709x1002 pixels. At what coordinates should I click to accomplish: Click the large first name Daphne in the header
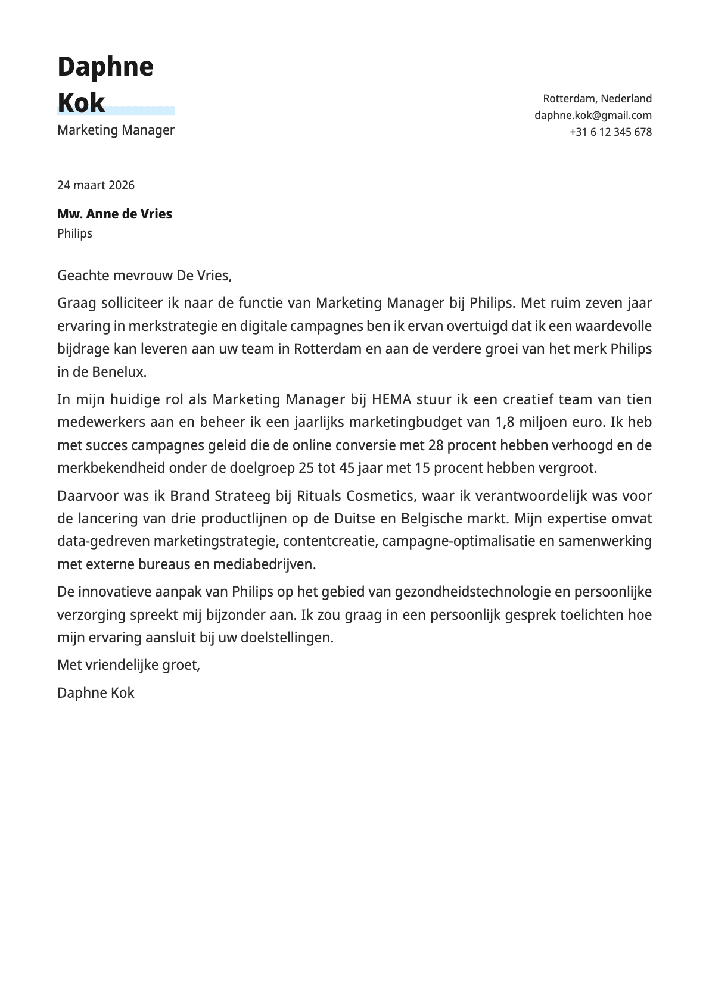coord(105,67)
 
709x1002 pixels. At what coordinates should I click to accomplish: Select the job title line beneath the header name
coord(116,130)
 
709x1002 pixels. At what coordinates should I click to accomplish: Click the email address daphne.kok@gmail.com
coord(593,116)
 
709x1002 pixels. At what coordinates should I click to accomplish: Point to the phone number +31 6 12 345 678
coord(610,132)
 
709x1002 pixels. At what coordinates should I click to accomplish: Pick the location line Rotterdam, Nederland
coord(597,99)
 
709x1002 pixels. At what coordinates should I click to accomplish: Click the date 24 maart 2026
coord(96,185)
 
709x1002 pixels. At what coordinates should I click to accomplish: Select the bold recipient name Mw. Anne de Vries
coord(114,214)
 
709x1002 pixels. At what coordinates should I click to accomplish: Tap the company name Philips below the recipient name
coord(74,233)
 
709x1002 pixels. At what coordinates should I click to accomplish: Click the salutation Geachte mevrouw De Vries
coord(144,276)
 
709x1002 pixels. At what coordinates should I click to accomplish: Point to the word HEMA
coord(391,399)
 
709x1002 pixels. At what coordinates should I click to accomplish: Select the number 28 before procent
coord(436,445)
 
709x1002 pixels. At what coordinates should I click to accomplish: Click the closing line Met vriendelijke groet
coord(129,665)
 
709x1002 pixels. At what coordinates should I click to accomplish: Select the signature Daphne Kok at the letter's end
coord(96,693)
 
